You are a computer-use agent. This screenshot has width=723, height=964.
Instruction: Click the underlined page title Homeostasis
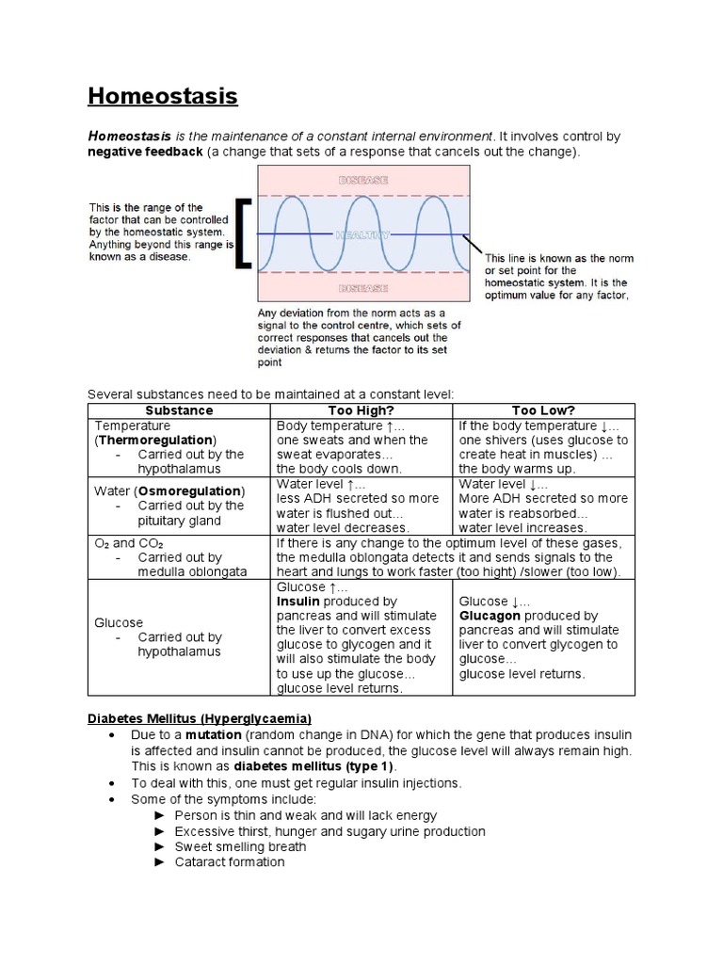(162, 96)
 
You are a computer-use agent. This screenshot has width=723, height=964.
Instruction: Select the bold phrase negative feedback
(145, 153)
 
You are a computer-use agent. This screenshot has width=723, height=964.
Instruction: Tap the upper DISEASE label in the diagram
(362, 180)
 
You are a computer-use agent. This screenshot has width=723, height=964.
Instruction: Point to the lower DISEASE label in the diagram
(362, 288)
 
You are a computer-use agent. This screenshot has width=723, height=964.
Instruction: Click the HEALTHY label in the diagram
(362, 234)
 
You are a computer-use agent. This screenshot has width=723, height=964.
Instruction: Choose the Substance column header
(179, 410)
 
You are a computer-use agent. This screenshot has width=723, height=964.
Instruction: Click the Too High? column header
(361, 410)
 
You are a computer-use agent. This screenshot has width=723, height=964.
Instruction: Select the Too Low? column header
(543, 410)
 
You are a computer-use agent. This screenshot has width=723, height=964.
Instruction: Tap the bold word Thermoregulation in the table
(156, 440)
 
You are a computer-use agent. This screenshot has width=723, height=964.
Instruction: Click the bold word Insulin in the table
(297, 601)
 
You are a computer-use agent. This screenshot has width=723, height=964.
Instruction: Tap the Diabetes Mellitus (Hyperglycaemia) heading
(200, 718)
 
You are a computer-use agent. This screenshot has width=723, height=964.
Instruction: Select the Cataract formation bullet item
(230, 861)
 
